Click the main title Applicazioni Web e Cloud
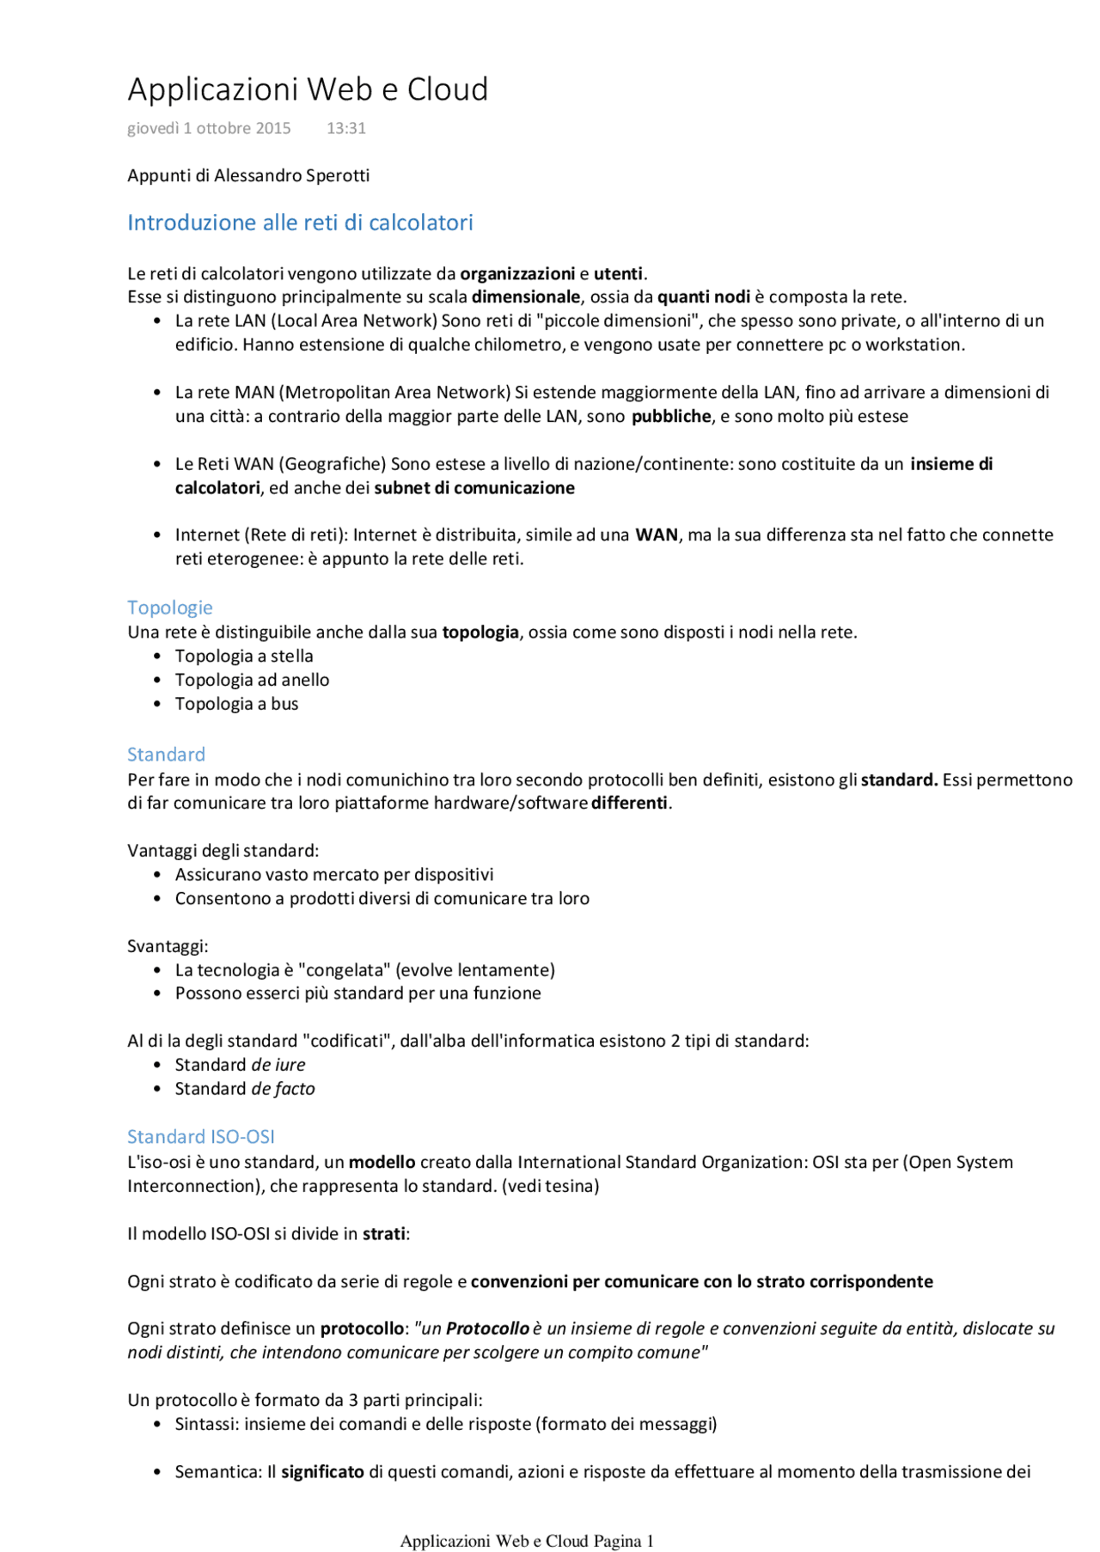point(308,89)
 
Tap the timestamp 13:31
point(346,128)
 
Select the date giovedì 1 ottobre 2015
point(209,128)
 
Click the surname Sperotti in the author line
point(338,175)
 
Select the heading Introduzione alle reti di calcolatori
point(300,223)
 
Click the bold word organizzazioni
point(517,273)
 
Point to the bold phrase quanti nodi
point(704,297)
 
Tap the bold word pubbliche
point(671,417)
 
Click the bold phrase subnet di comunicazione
point(474,488)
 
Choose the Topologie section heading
point(170,608)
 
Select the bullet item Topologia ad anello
point(252,680)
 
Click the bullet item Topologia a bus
point(236,704)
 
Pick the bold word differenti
point(629,803)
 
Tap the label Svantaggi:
point(168,946)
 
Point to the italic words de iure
point(278,1065)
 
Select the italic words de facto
point(283,1089)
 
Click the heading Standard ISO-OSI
point(201,1137)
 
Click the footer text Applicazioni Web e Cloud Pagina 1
point(527,1541)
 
